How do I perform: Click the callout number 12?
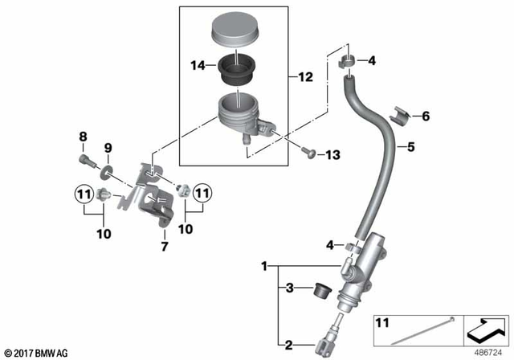point(305,77)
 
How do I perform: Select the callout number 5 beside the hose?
point(410,147)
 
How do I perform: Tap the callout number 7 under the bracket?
point(165,245)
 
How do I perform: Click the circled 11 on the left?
point(84,193)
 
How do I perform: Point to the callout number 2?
point(288,346)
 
